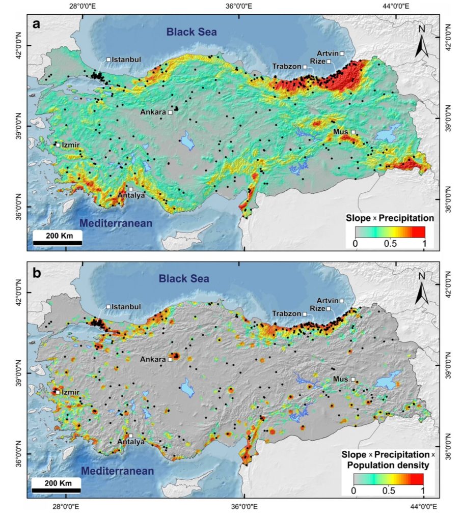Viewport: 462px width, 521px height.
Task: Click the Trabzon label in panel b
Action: pyautogui.click(x=286, y=314)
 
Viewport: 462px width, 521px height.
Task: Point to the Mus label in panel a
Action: pyautogui.click(x=340, y=132)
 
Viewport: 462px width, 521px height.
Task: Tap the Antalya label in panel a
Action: pyautogui.click(x=131, y=195)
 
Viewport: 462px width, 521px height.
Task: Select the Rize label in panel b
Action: pyautogui.click(x=317, y=309)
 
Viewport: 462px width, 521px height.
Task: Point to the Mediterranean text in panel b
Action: pyautogui.click(x=118, y=471)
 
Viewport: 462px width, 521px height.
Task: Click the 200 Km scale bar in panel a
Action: pyautogui.click(x=58, y=239)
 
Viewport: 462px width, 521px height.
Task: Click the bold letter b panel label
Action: pyautogui.click(x=37, y=272)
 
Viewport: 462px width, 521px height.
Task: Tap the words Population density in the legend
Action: pyautogui.click(x=387, y=465)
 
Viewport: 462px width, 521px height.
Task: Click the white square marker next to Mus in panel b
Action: pyautogui.click(x=353, y=379)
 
